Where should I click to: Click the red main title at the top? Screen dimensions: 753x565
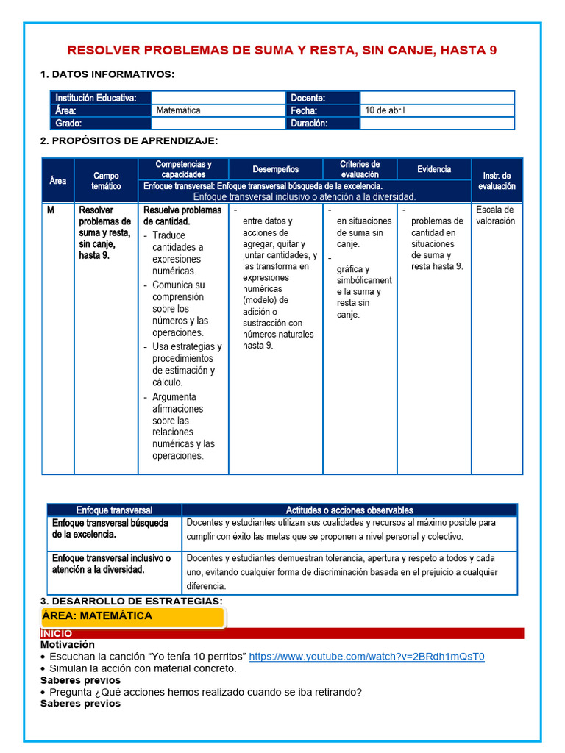(282, 50)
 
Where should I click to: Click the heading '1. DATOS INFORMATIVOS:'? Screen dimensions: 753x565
(107, 74)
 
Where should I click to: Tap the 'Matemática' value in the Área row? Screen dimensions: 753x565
(178, 110)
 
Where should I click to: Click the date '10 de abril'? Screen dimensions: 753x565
(385, 110)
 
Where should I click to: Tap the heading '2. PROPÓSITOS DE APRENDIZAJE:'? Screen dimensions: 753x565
(129, 140)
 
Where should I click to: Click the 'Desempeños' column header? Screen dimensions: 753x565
(276, 169)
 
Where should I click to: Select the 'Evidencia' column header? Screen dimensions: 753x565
(434, 169)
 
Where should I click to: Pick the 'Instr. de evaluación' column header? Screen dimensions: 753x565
(498, 181)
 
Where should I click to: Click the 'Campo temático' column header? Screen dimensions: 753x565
(106, 181)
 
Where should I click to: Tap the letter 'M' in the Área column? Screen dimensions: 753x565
(51, 210)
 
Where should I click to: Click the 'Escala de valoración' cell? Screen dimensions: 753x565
(496, 215)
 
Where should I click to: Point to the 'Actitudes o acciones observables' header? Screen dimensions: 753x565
(349, 510)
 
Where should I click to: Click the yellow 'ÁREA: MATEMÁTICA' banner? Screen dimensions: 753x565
(132, 616)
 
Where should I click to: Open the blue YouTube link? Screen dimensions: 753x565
(366, 657)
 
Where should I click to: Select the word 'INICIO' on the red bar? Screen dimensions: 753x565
(57, 633)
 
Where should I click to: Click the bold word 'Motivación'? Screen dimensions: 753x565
(68, 645)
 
